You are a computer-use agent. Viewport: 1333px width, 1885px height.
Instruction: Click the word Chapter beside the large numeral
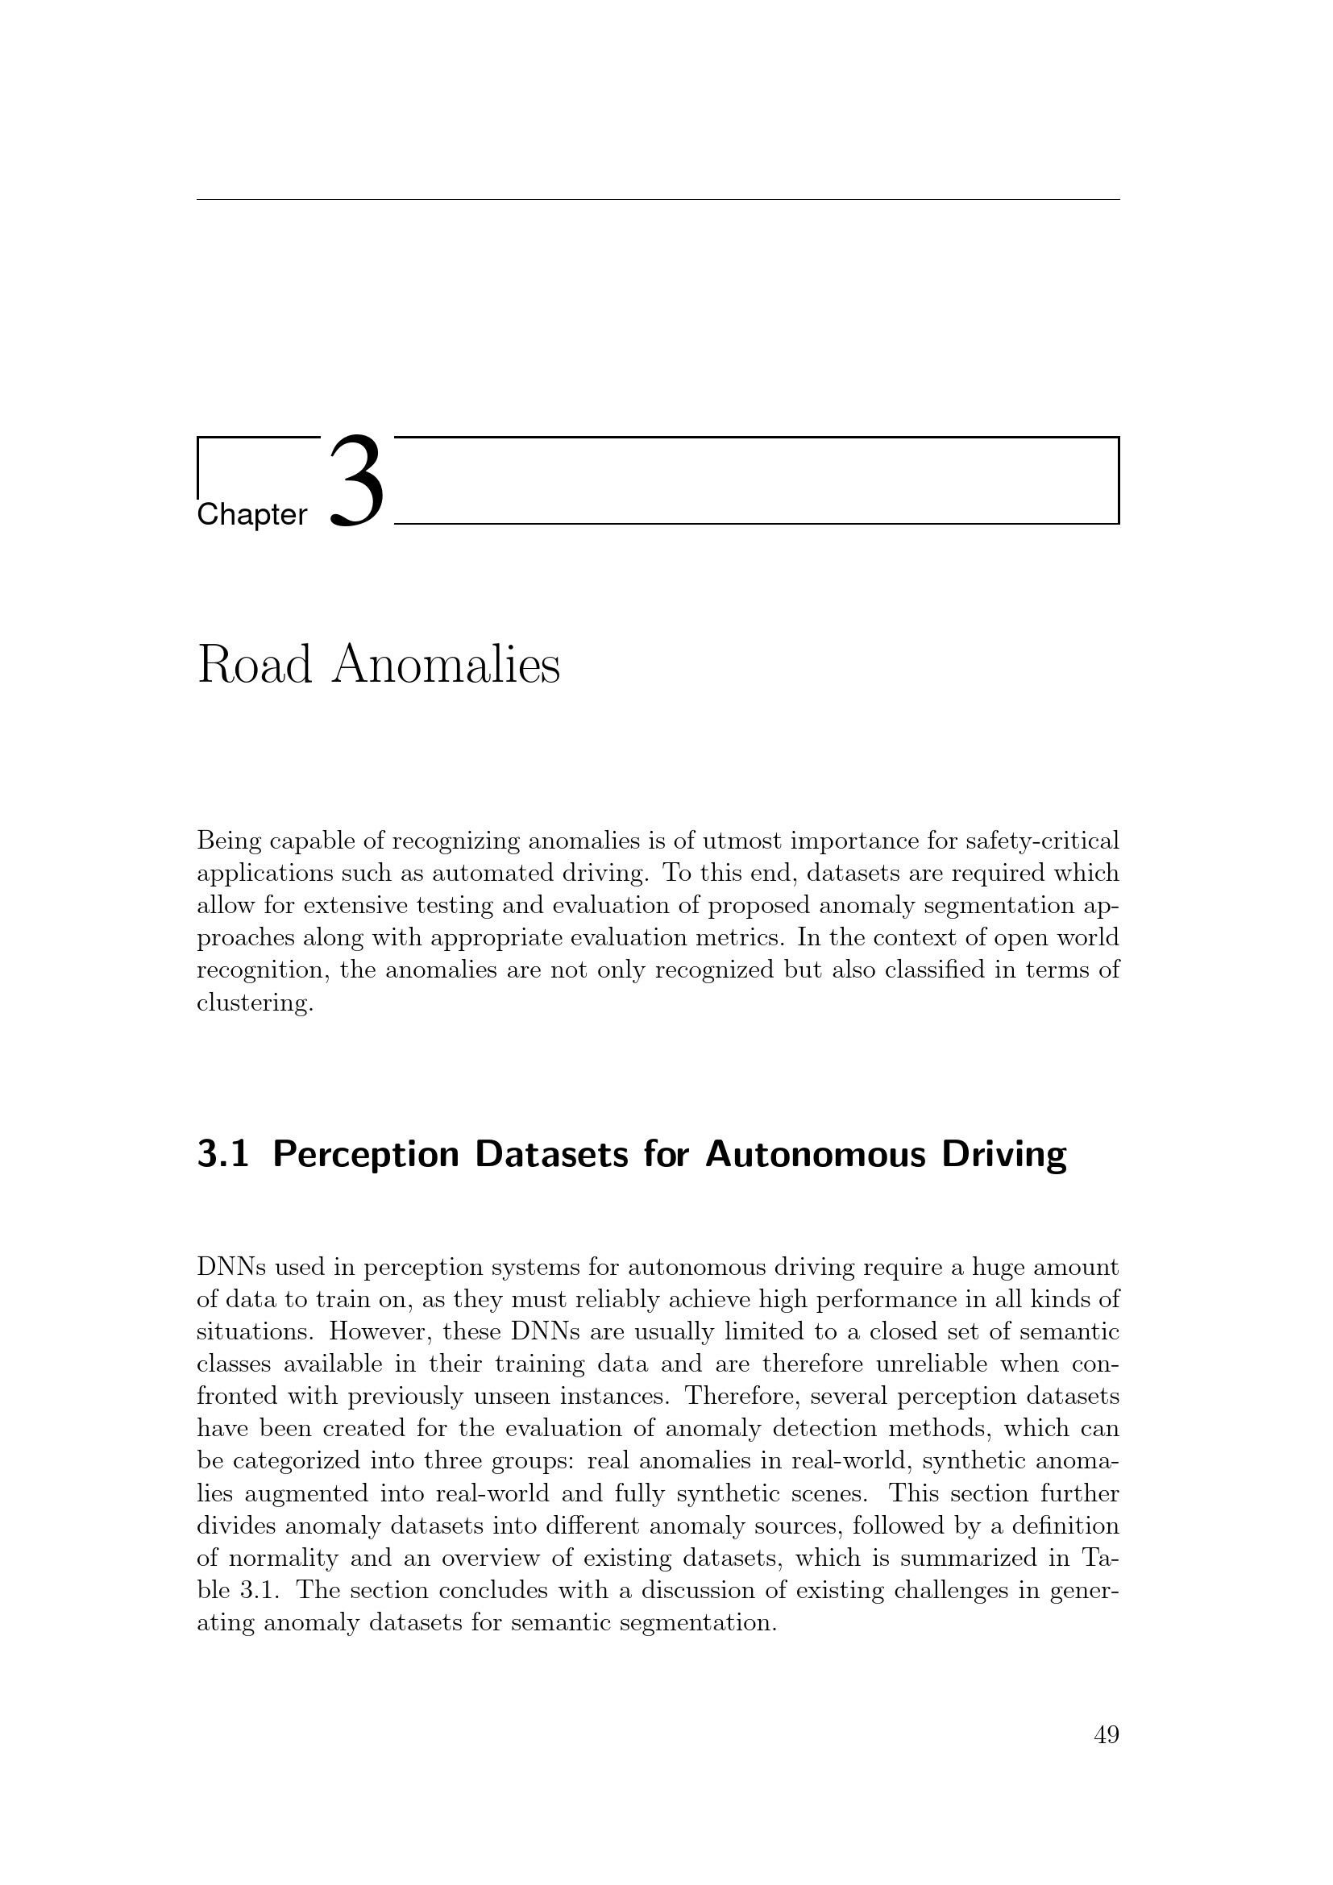pos(252,516)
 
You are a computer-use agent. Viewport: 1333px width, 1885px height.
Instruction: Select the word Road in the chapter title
pos(255,665)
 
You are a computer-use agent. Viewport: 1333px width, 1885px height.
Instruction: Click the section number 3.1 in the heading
pos(222,1153)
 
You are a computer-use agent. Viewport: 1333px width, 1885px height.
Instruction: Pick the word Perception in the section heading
pos(366,1155)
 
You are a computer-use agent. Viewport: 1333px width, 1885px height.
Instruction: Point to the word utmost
pos(665,841)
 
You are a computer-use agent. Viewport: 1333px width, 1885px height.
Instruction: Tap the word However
pos(380,1331)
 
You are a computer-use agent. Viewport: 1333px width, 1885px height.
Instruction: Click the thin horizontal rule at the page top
pos(658,200)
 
